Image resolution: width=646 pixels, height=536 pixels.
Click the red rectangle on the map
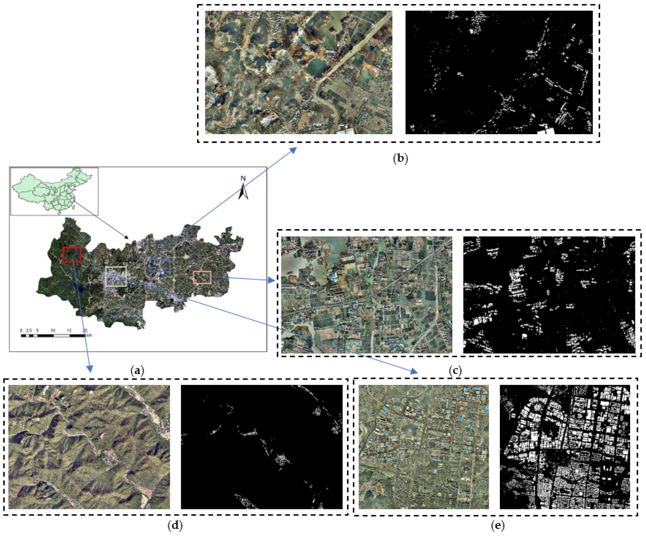(x=72, y=254)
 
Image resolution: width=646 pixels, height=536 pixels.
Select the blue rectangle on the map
(x=160, y=265)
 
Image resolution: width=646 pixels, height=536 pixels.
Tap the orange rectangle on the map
(x=202, y=277)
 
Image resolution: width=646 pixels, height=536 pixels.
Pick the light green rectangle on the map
(x=116, y=277)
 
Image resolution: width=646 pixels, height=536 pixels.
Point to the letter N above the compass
(x=243, y=179)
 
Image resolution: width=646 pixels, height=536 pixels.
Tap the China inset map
(x=54, y=191)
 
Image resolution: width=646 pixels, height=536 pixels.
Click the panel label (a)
(x=137, y=370)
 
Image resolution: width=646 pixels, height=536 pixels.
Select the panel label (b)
(x=400, y=159)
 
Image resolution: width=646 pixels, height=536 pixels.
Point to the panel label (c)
(x=455, y=370)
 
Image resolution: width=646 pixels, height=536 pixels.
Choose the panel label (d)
(x=175, y=525)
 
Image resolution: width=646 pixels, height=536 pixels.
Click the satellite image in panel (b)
(x=299, y=72)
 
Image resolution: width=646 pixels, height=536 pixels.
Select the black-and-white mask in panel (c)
(x=549, y=295)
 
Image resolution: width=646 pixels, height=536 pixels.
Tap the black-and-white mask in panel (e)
(x=565, y=447)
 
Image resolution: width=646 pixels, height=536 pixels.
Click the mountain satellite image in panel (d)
(x=89, y=447)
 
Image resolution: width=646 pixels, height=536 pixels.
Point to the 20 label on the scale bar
(x=85, y=330)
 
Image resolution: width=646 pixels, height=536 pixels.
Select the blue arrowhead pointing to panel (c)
(x=272, y=280)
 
